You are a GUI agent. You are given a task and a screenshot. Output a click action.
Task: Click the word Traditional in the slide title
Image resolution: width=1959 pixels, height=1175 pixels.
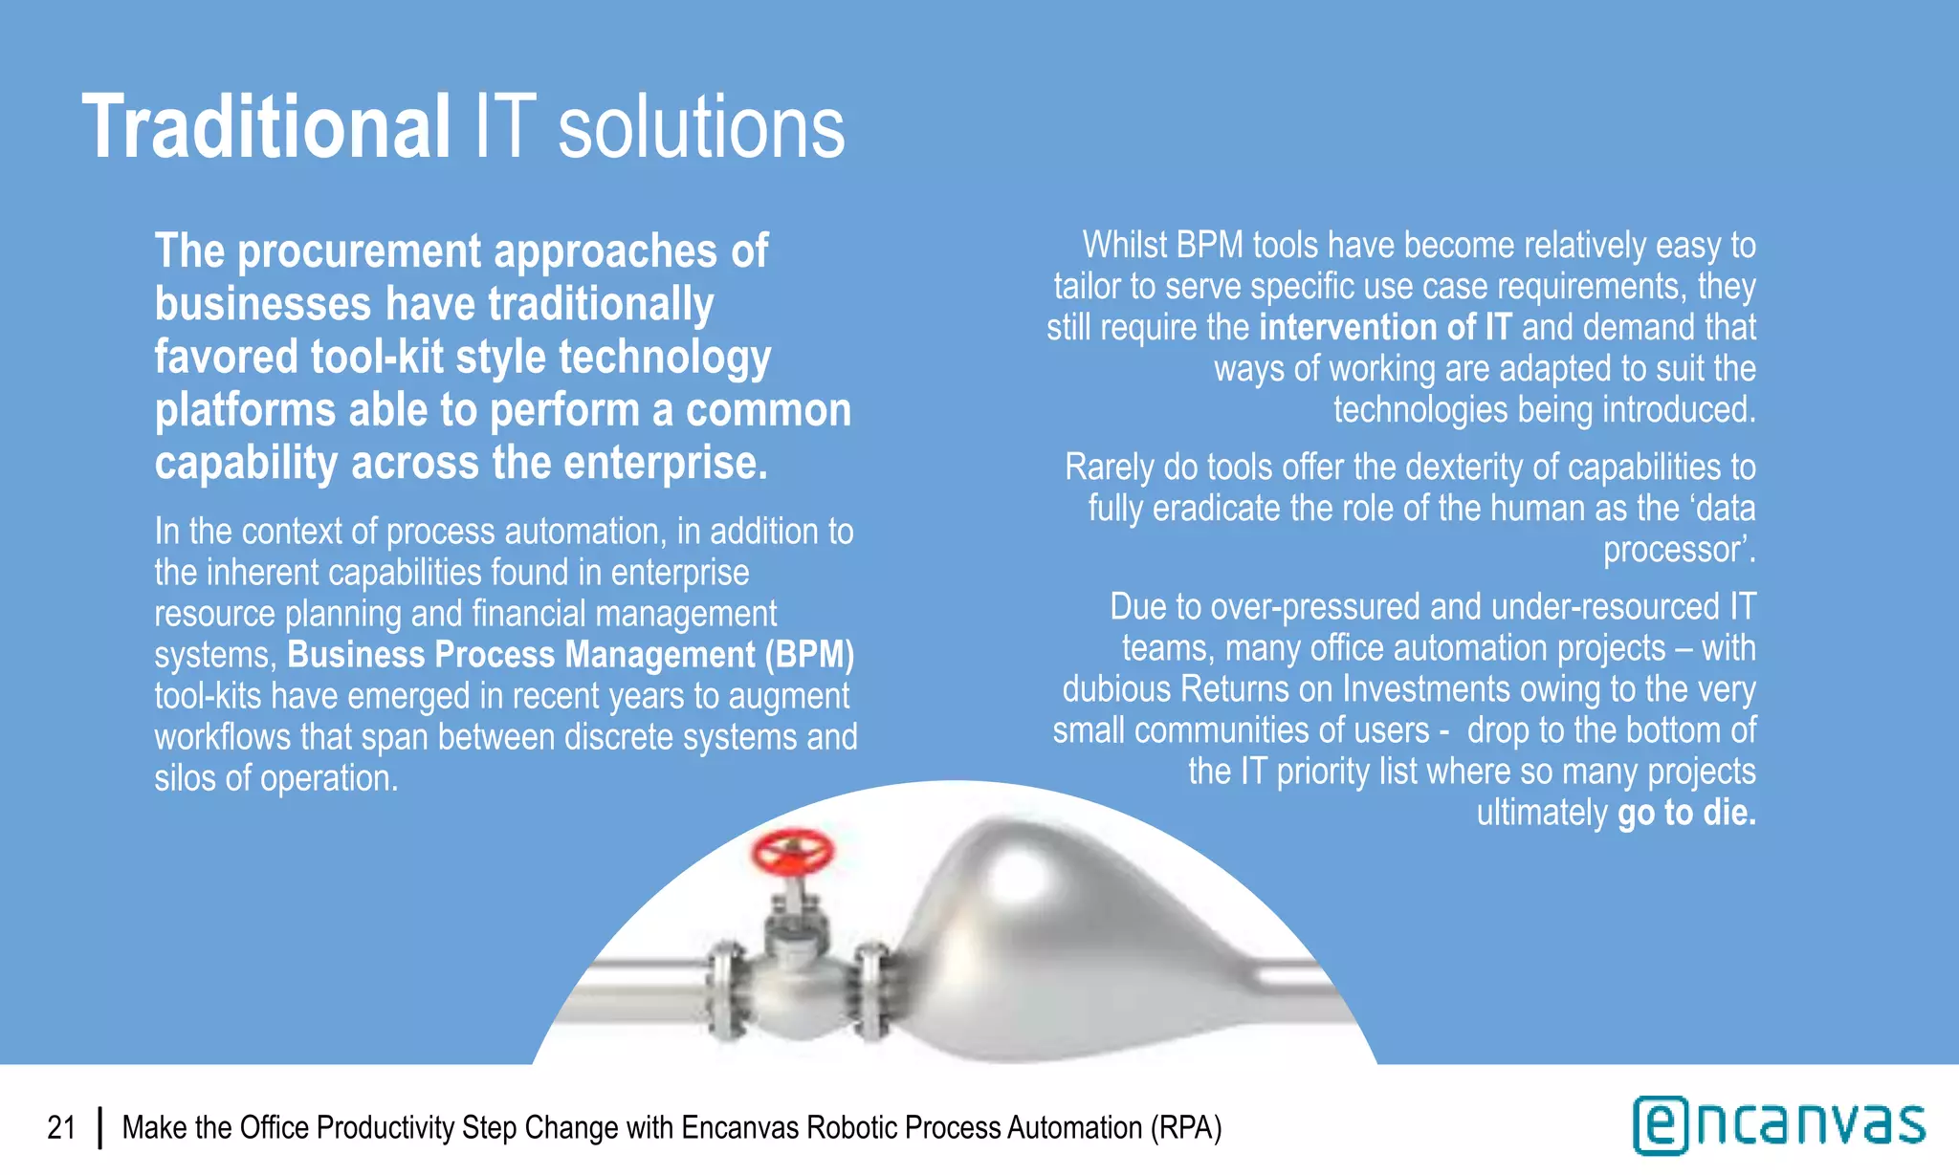point(266,127)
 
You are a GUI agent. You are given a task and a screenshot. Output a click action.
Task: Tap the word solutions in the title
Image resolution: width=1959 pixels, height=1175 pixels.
point(701,129)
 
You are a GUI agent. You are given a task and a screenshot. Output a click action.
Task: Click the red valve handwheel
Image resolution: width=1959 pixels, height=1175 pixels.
point(792,852)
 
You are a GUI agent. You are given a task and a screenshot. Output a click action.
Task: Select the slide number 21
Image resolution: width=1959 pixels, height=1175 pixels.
point(61,1128)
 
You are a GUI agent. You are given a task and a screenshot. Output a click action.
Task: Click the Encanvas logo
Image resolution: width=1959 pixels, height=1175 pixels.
point(1778,1125)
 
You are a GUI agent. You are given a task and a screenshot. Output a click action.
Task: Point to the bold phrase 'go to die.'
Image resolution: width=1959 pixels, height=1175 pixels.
point(1686,813)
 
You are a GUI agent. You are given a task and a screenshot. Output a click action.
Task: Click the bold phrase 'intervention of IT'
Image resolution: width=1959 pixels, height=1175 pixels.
point(1385,328)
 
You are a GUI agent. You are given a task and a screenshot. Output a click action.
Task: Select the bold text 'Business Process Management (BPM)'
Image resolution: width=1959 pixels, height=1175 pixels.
point(570,655)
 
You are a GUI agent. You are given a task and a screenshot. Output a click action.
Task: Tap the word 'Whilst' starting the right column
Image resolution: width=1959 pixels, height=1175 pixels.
point(1125,246)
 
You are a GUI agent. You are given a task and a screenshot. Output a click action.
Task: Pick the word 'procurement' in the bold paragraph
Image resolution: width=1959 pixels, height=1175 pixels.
point(360,251)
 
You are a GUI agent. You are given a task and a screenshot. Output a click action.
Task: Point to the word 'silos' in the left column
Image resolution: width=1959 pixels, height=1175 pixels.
point(186,778)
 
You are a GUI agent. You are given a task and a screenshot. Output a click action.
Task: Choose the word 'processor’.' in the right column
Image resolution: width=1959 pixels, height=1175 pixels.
point(1679,550)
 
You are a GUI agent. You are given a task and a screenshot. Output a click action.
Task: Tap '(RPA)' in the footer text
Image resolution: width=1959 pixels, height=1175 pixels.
point(1186,1128)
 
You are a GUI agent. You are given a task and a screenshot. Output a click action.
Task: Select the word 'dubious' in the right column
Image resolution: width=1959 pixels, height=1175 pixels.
point(1116,689)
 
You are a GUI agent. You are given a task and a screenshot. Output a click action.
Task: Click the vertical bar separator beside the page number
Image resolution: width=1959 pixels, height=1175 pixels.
point(99,1128)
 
